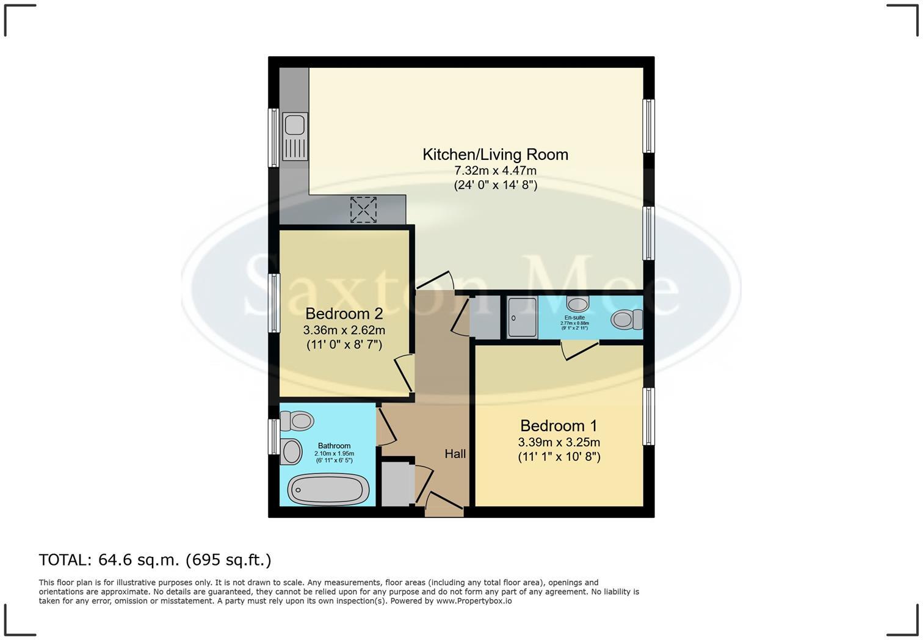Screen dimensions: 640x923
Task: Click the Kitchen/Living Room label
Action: [495, 155]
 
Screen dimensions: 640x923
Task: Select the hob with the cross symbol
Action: [363, 209]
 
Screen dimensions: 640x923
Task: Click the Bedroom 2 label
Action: [344, 314]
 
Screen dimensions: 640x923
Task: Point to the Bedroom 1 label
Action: [559, 426]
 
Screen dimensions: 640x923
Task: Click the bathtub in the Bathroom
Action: [328, 489]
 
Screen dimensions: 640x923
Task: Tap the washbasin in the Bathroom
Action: [292, 451]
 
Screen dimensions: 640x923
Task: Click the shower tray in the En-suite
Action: [522, 318]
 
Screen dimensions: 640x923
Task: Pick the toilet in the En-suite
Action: [627, 319]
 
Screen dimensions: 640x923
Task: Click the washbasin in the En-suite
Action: [577, 303]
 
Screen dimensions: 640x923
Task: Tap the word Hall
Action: [455, 454]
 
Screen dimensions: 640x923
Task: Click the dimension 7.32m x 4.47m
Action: [495, 171]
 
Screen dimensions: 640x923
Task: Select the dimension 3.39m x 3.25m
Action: [559, 442]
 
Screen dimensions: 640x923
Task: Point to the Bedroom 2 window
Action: [275, 303]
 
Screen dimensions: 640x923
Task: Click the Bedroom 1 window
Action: [649, 416]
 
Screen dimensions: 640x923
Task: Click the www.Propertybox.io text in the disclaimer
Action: [474, 601]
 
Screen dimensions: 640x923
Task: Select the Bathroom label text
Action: [334, 446]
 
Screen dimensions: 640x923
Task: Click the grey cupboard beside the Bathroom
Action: [397, 483]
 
